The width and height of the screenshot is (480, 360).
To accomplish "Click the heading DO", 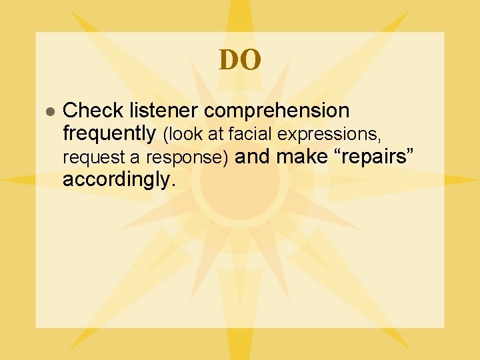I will [x=240, y=60].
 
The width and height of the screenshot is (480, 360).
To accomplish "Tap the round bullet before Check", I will [x=49, y=111].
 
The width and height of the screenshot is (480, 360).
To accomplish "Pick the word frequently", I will [x=109, y=134].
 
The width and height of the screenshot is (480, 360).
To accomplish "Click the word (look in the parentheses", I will [x=184, y=135].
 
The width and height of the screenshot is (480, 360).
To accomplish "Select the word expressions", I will [x=328, y=135].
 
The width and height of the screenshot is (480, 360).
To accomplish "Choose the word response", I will [x=197, y=159].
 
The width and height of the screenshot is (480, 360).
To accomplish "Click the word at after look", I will [x=216, y=135].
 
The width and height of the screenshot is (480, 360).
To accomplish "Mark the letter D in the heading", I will [x=229, y=60].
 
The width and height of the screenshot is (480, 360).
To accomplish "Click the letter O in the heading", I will [x=251, y=60].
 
